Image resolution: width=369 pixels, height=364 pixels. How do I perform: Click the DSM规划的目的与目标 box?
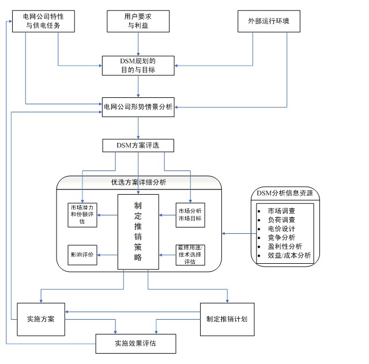coord(138,65)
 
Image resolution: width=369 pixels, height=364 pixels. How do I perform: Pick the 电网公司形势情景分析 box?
coord(138,107)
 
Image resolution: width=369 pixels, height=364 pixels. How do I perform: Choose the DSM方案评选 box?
coord(138,146)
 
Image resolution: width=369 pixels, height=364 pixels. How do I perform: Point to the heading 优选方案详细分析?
coord(139,182)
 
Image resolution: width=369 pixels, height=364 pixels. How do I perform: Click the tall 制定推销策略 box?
coord(138,232)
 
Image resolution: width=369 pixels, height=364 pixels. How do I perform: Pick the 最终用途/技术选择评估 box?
coord(191,255)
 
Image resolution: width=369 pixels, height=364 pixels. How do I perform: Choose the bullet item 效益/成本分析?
coord(285,256)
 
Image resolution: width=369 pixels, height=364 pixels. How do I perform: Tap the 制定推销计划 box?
coord(227,319)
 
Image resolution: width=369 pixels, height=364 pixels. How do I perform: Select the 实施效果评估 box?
coord(135,344)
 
